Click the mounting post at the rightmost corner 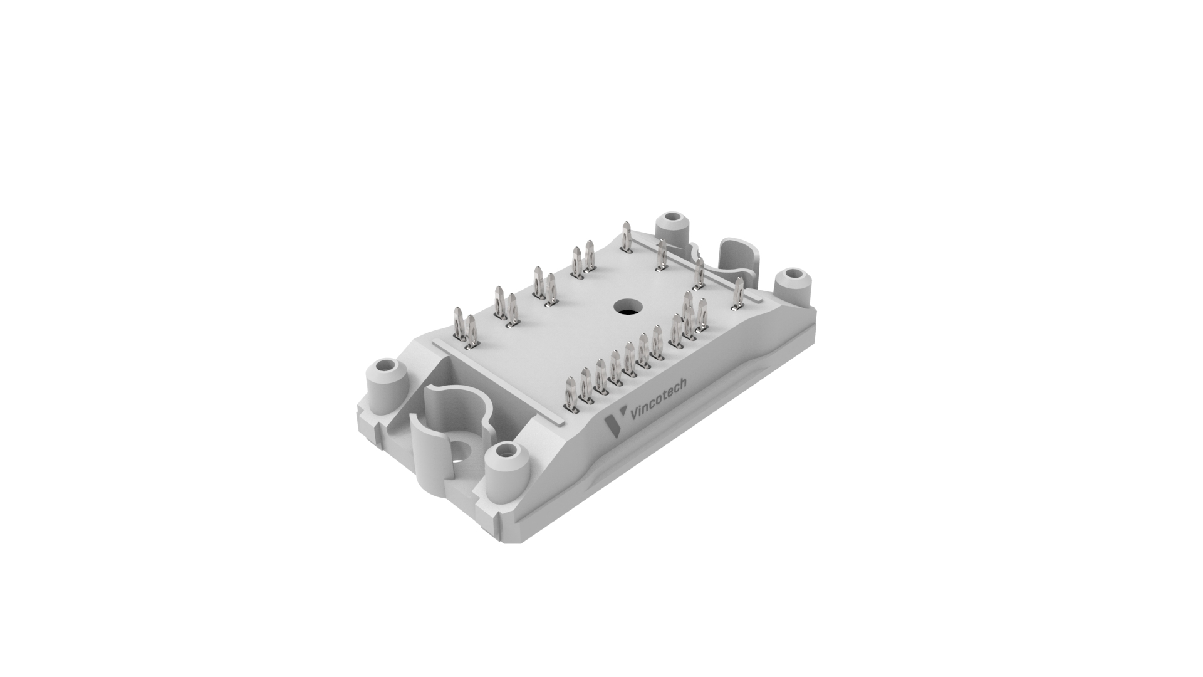pos(793,285)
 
